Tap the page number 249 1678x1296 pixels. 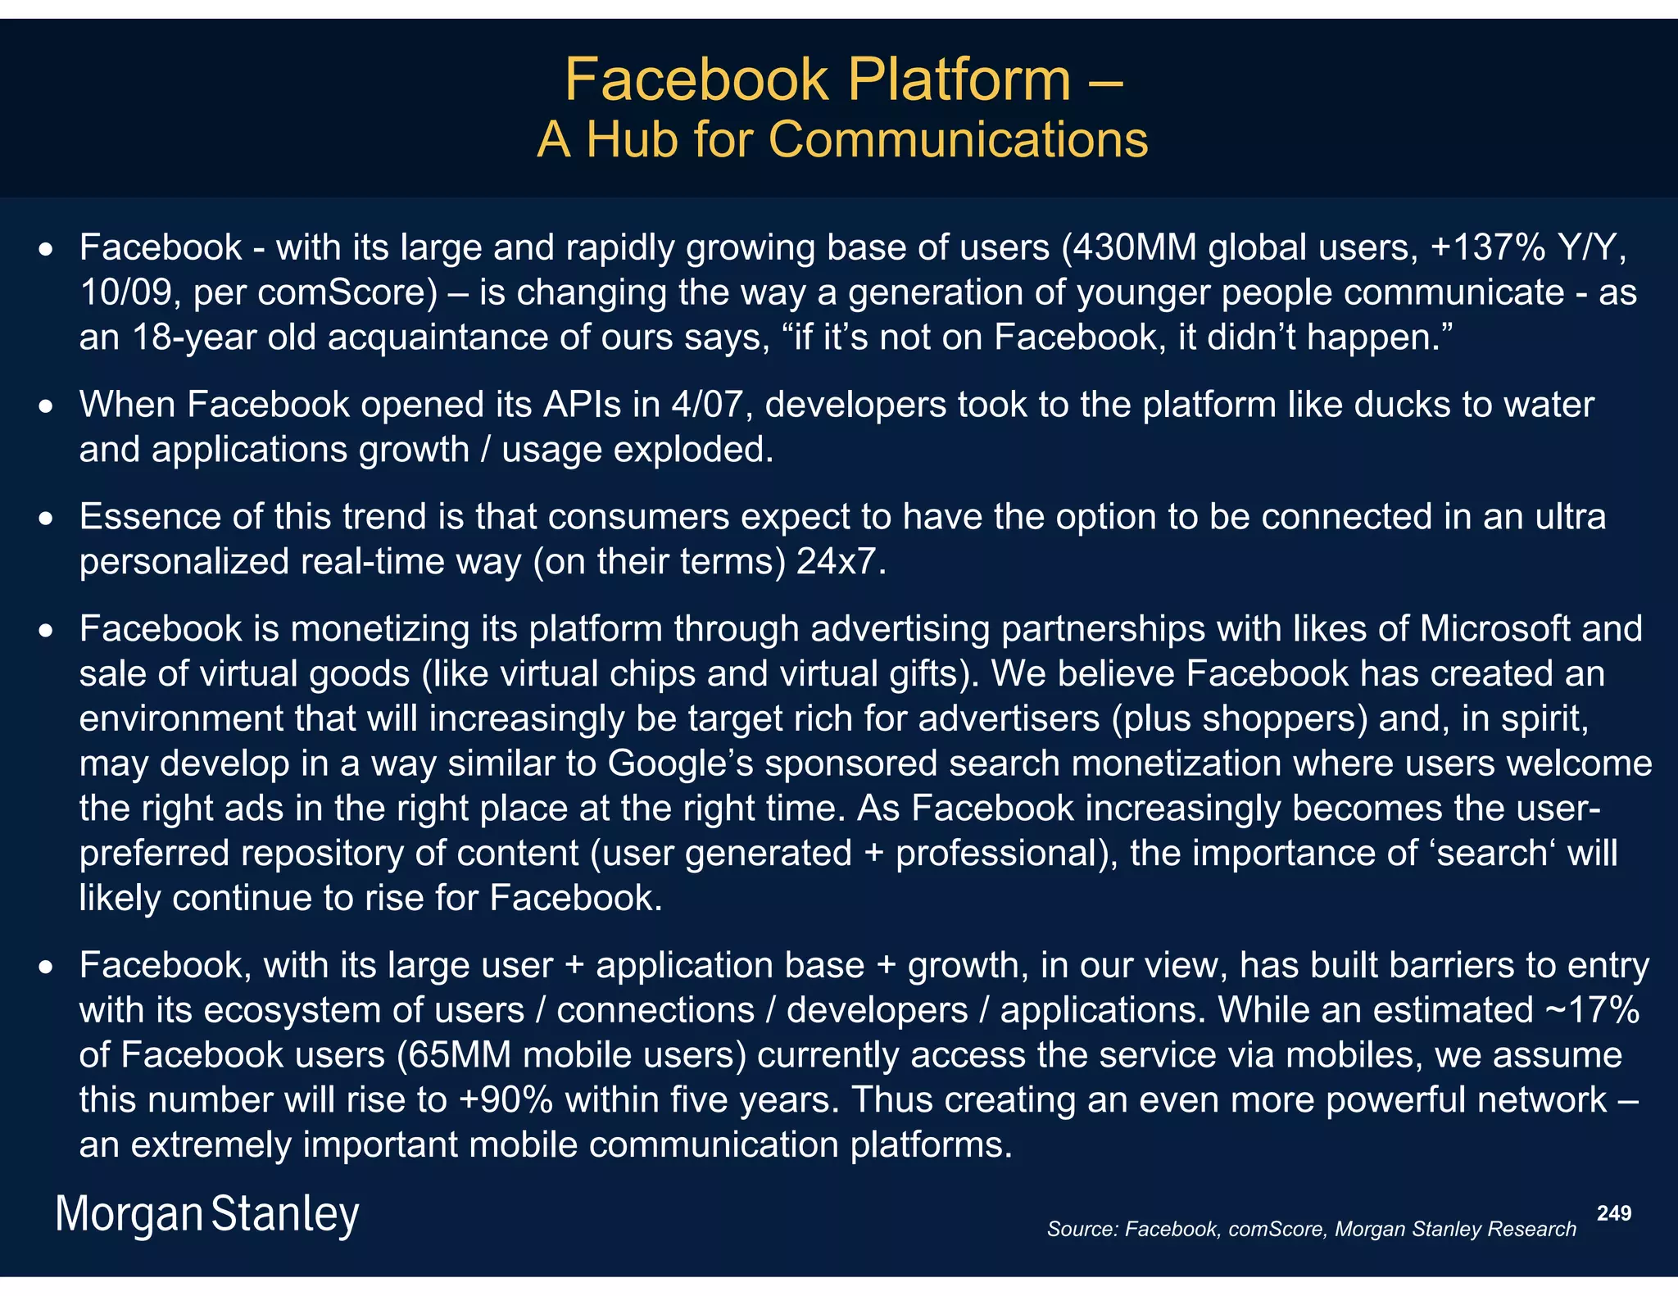coord(1614,1213)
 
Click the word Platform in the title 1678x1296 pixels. coord(959,80)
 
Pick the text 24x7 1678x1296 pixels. coord(841,562)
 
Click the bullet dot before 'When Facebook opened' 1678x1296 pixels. coord(48,406)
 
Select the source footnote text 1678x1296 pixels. coord(1311,1229)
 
